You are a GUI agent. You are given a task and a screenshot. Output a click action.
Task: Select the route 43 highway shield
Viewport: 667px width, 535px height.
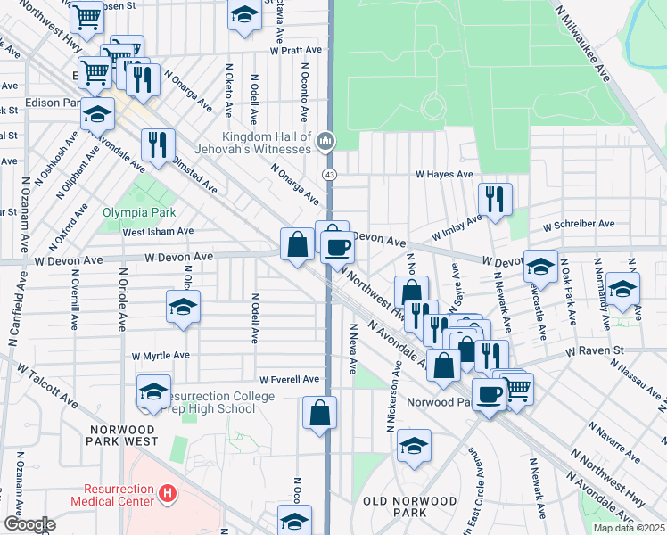click(330, 174)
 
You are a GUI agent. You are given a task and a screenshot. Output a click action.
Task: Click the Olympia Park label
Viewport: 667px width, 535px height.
click(139, 212)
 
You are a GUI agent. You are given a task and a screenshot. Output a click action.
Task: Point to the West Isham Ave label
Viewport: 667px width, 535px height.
click(158, 231)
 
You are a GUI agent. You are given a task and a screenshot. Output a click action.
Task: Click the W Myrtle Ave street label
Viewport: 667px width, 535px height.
click(161, 355)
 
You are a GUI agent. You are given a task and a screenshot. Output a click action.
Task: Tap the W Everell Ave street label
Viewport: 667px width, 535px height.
click(289, 379)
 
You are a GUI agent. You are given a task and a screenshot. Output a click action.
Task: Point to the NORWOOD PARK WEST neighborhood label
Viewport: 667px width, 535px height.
click(122, 435)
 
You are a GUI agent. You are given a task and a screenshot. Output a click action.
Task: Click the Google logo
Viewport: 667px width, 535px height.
click(29, 524)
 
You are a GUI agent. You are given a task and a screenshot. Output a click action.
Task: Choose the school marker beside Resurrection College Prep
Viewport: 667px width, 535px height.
click(153, 390)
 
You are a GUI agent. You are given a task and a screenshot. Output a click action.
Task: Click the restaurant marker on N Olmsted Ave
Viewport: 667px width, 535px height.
click(158, 144)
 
